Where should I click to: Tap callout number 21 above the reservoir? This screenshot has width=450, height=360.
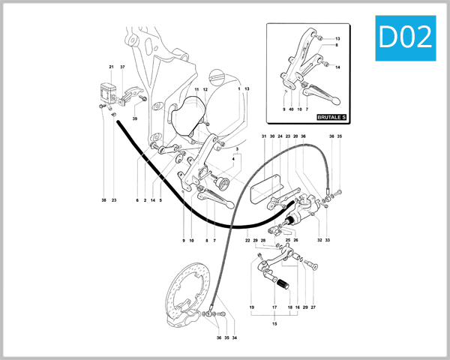pos(111,67)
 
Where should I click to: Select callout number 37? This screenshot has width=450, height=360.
pos(122,67)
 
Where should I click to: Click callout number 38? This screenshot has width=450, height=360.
pos(103,200)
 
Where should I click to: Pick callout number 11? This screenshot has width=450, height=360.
pos(196,89)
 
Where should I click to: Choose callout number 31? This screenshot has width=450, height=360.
pos(264,136)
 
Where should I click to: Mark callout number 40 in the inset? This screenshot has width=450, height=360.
pos(291,109)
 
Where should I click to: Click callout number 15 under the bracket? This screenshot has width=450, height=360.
pos(274,323)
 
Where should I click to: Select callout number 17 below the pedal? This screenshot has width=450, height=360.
pos(274,307)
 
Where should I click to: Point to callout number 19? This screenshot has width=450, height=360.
pos(252,307)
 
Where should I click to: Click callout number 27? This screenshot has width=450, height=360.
pos(313,307)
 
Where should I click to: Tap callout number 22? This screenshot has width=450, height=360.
pos(247,240)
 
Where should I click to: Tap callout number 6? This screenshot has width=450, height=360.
pos(137,200)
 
